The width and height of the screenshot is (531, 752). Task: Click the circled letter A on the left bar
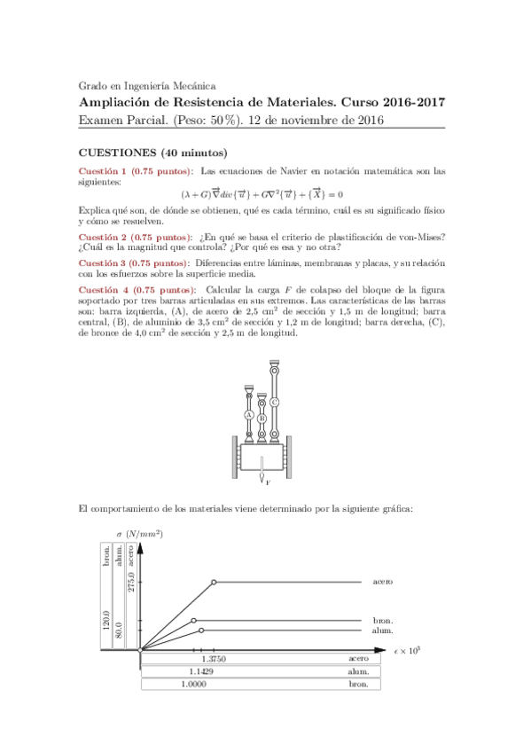(x=249, y=414)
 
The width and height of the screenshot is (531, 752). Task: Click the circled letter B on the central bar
(x=262, y=417)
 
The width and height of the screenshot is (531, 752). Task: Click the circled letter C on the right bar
(x=275, y=402)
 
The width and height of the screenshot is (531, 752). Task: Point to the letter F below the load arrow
(x=268, y=482)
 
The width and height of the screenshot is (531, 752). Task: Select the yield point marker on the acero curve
(x=214, y=582)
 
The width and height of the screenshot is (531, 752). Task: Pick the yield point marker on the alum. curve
(x=202, y=630)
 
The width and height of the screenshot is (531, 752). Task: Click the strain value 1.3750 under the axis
(x=214, y=659)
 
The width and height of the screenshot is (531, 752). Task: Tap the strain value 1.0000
(x=194, y=685)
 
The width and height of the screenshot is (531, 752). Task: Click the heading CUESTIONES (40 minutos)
(x=152, y=153)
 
